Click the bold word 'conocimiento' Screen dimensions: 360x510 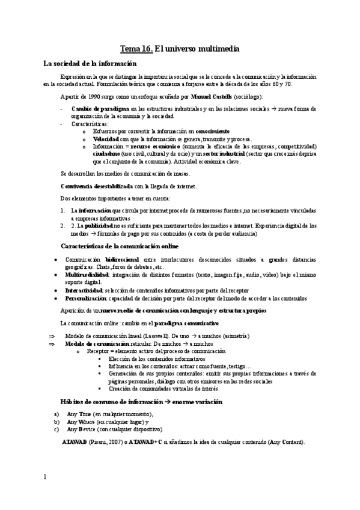coord(213,131)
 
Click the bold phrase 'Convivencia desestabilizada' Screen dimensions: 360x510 coord(97,186)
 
